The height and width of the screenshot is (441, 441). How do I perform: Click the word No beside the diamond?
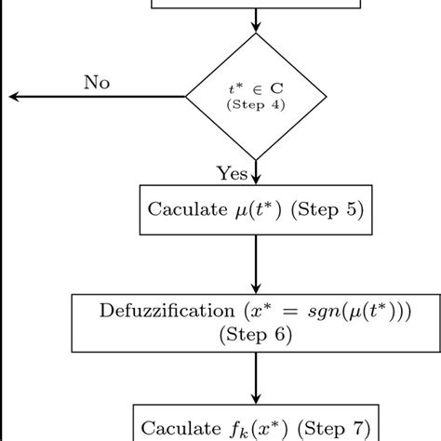96,83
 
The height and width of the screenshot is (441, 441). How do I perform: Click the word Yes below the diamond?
233,173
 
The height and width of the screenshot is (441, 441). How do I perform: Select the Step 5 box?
253,209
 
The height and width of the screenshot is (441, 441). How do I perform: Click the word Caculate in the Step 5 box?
184,209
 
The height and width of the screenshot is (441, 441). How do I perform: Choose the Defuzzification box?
253,322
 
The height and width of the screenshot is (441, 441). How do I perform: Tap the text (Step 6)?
253,335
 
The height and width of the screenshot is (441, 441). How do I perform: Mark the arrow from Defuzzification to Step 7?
254,377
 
